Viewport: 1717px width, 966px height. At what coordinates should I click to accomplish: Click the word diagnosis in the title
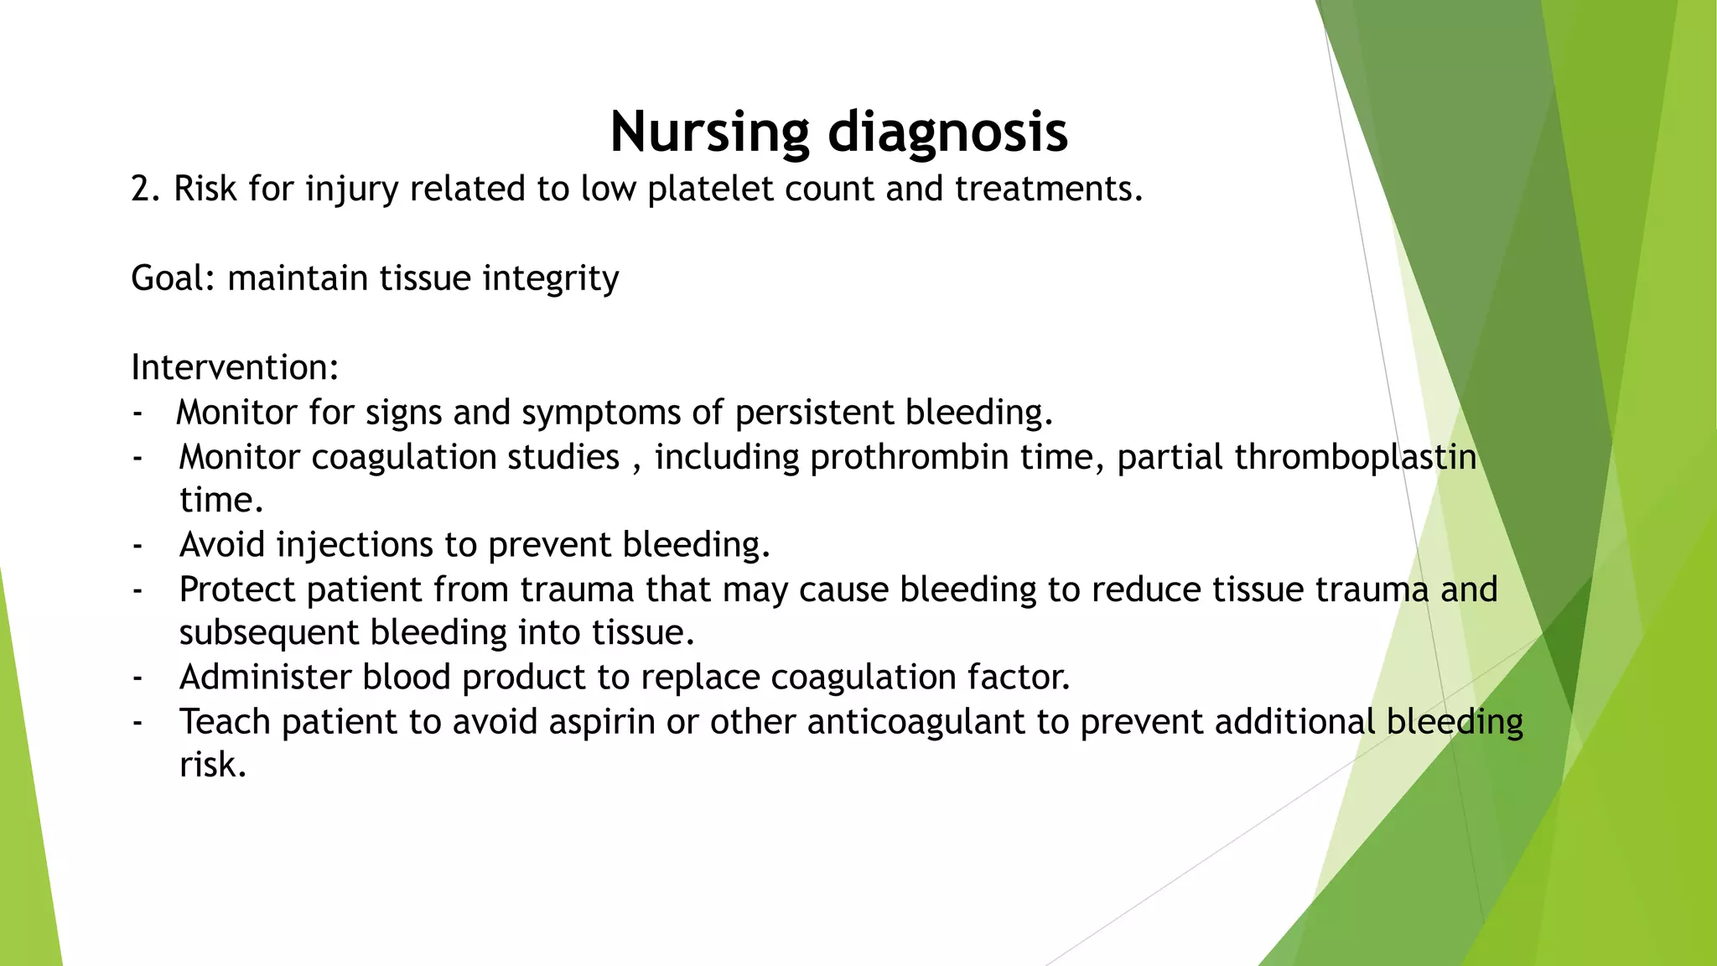click(947, 132)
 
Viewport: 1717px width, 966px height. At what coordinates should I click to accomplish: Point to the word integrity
click(550, 278)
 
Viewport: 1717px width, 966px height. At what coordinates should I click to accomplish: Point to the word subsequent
click(268, 633)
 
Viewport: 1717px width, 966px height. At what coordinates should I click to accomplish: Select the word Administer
click(265, 678)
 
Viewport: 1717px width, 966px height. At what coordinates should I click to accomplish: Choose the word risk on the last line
click(212, 765)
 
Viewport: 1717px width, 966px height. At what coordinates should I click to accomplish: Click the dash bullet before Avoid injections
click(137, 546)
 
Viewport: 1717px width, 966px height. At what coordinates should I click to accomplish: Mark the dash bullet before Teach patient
click(137, 723)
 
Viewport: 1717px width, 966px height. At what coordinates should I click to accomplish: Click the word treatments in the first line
click(1048, 190)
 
